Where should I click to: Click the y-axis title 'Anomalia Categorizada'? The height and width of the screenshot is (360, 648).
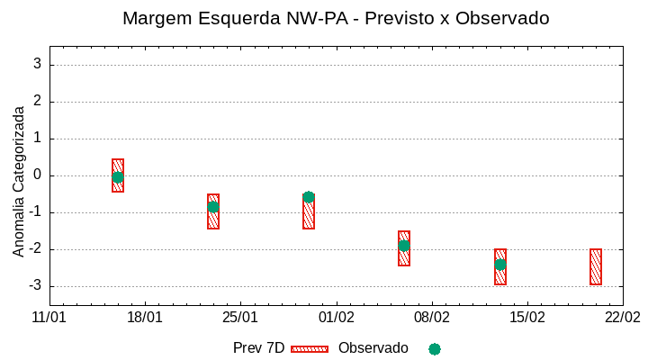click(x=19, y=181)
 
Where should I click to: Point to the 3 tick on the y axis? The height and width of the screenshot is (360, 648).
click(x=37, y=64)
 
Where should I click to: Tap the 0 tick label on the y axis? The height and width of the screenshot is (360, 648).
click(x=37, y=175)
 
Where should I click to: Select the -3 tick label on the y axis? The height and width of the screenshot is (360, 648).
click(x=34, y=286)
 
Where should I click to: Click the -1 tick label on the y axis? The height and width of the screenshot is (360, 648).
click(x=34, y=212)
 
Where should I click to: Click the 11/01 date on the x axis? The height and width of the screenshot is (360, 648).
click(x=49, y=318)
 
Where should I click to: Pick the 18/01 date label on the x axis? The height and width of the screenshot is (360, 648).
click(x=145, y=318)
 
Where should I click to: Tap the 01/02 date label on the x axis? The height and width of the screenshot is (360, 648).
click(x=337, y=318)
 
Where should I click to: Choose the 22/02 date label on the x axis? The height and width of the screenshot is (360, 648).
click(x=622, y=318)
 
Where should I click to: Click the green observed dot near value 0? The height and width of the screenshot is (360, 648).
click(x=118, y=177)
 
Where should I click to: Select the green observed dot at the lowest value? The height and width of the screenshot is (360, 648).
click(x=500, y=265)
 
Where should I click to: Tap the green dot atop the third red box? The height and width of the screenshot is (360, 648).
click(x=309, y=197)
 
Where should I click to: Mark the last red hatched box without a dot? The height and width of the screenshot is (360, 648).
click(x=596, y=266)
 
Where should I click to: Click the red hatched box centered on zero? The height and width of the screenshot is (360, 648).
click(x=118, y=175)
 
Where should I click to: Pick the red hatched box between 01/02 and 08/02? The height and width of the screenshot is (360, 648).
click(x=404, y=248)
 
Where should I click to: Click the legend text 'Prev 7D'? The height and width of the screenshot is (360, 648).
click(x=258, y=348)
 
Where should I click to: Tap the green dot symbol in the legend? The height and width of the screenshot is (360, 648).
click(x=435, y=349)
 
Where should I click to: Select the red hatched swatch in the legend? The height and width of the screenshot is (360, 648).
click(x=310, y=349)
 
